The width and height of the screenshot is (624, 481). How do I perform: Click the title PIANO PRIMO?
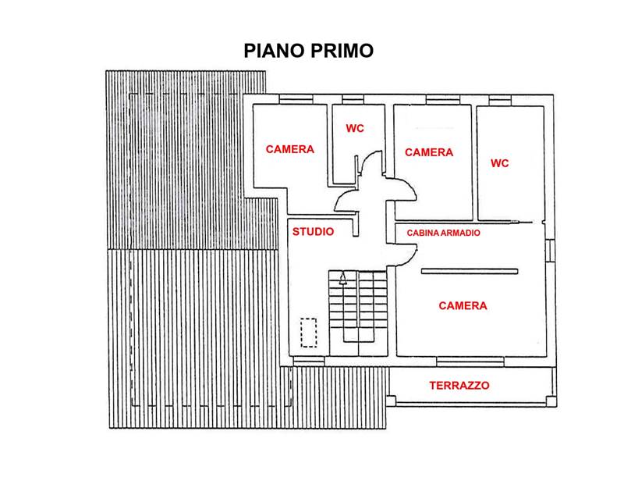pyautogui.click(x=308, y=51)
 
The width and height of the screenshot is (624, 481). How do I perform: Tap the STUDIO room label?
pyautogui.click(x=313, y=232)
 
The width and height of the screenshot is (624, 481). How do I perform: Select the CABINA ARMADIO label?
pyautogui.click(x=443, y=233)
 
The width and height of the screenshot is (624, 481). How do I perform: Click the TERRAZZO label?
pyautogui.click(x=459, y=386)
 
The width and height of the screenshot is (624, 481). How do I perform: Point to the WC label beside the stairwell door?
pyautogui.click(x=355, y=128)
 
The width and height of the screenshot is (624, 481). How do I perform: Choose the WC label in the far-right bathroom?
pyautogui.click(x=499, y=163)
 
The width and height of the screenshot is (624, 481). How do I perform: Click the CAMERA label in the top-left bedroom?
pyautogui.click(x=289, y=149)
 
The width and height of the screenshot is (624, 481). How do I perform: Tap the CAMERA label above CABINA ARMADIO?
pyautogui.click(x=429, y=152)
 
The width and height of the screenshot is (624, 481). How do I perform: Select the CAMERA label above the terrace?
pyautogui.click(x=463, y=305)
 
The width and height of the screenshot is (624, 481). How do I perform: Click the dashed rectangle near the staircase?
pyautogui.click(x=308, y=333)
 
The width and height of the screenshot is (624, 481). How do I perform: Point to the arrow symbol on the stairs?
pyautogui.click(x=342, y=278)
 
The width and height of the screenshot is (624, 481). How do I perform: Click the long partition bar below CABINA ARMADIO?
pyautogui.click(x=470, y=272)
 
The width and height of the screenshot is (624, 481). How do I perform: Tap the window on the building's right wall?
pyautogui.click(x=550, y=251)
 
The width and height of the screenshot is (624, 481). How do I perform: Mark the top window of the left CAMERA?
pyautogui.click(x=296, y=99)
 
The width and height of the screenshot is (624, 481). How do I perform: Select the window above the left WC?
pyautogui.click(x=353, y=99)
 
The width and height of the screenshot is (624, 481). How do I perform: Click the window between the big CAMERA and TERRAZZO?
pyautogui.click(x=470, y=362)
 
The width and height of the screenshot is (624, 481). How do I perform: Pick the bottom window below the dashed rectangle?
pyautogui.click(x=308, y=361)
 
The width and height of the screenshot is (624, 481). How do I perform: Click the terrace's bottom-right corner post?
pyautogui.click(x=551, y=401)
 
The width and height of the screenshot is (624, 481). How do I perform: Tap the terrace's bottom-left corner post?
pyautogui.click(x=392, y=401)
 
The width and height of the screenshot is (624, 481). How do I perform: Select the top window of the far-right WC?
pyautogui.click(x=500, y=100)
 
